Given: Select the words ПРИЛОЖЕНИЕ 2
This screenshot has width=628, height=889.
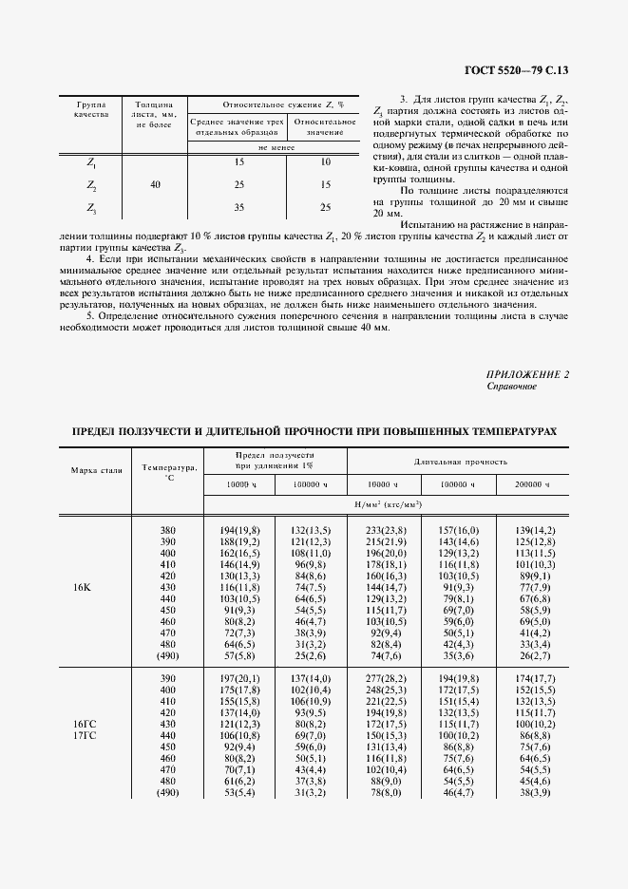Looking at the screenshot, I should point(527,374).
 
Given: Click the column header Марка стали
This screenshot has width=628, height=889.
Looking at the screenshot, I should point(96,470).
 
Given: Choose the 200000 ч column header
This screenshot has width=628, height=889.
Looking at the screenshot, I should point(532,484).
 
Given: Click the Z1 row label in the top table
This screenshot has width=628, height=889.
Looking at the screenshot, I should point(91,162).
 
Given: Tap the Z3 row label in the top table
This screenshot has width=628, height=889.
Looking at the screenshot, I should point(91,207).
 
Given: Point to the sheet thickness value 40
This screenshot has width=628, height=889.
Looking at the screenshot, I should point(155,184).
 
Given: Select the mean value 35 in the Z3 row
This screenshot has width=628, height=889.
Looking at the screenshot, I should point(239,207).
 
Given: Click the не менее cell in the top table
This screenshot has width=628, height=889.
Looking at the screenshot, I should point(275,147).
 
